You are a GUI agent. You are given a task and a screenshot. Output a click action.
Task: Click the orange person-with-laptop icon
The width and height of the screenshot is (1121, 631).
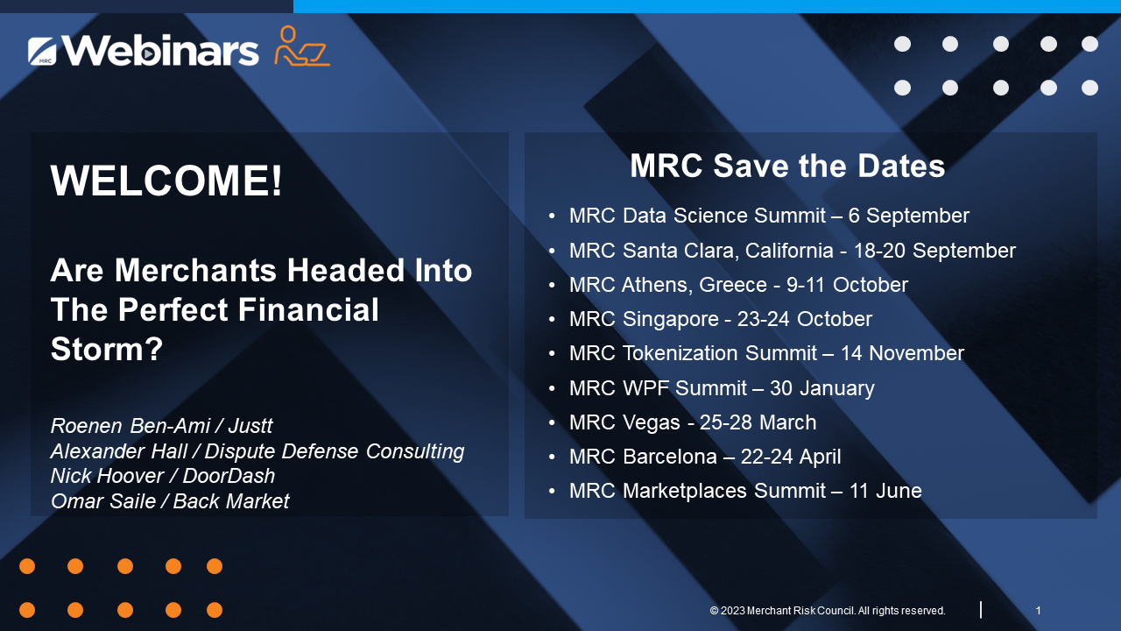[302, 46]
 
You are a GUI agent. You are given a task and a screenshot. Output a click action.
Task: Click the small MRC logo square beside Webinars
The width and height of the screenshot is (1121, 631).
[42, 51]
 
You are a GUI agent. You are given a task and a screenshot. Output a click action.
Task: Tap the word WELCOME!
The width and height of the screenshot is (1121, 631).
[166, 181]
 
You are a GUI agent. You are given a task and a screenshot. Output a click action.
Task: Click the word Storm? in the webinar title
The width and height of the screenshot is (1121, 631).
[107, 349]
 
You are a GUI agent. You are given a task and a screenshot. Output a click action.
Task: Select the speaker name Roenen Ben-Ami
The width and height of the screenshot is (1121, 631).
[130, 426]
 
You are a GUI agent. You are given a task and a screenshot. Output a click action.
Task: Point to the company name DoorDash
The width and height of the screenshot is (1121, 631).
[229, 476]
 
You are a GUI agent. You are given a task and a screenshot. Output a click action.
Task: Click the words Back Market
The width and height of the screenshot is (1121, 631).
[231, 500]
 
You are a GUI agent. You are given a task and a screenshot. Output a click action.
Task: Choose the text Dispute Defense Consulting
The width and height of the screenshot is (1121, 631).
[335, 451]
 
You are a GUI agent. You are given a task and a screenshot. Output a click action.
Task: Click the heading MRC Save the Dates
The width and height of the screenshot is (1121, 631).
[787, 166]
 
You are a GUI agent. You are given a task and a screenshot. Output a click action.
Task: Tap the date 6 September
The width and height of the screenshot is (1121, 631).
[909, 216]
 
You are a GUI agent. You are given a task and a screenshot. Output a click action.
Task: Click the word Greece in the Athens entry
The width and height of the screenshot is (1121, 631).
[733, 285]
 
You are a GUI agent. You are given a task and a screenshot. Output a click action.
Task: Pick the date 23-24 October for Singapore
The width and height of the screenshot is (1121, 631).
[805, 319]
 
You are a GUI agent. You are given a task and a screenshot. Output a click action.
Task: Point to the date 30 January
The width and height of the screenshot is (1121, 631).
[822, 388]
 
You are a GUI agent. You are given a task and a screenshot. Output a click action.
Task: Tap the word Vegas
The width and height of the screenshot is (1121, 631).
[651, 422]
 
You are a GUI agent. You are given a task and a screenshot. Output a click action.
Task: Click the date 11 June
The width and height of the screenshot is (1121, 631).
[885, 491]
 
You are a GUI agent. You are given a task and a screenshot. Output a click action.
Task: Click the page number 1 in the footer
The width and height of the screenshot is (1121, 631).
[1039, 611]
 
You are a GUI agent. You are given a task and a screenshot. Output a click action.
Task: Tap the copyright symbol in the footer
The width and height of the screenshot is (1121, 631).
[714, 611]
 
